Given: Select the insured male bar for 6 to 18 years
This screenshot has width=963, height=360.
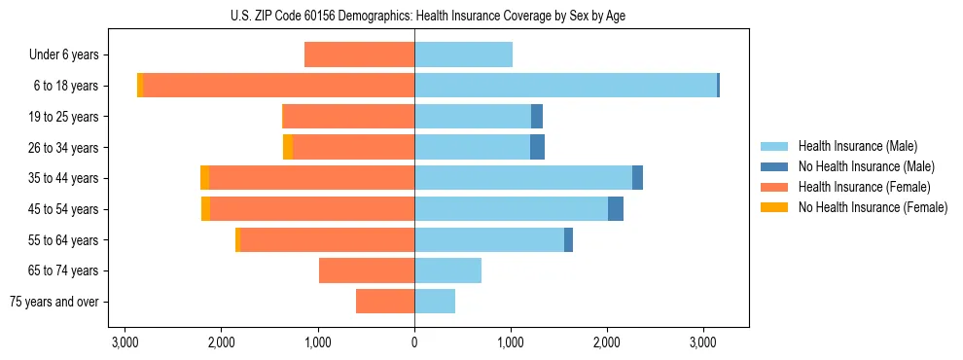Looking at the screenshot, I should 565,86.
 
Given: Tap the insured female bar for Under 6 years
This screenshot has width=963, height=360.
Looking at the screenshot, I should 359,54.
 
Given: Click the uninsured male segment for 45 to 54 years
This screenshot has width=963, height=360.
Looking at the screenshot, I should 616,209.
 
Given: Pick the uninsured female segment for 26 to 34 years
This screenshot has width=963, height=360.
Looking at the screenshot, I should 288,147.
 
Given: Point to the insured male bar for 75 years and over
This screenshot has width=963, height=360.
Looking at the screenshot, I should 435,302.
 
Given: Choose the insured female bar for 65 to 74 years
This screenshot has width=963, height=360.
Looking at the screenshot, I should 367,270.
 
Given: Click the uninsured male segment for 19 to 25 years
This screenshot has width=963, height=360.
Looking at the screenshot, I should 537,117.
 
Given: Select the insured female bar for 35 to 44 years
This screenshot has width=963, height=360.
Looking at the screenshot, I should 311,178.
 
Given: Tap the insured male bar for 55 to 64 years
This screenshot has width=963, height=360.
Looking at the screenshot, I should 489,239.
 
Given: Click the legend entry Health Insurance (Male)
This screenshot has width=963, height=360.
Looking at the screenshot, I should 857,146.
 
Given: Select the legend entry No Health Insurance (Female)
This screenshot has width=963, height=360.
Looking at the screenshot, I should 873,207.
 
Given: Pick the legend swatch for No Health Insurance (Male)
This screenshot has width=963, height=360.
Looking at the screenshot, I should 774,166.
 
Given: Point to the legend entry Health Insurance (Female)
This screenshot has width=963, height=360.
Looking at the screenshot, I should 865,187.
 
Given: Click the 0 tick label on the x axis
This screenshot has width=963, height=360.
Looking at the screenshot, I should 414,342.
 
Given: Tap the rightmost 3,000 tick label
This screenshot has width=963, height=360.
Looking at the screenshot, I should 703,342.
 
